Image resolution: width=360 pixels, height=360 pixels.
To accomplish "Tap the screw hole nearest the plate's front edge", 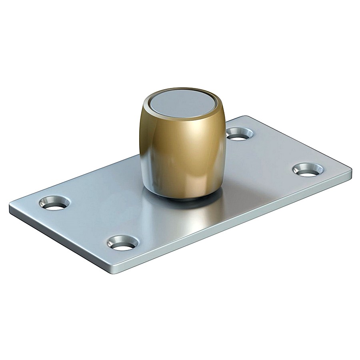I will (122, 243).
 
